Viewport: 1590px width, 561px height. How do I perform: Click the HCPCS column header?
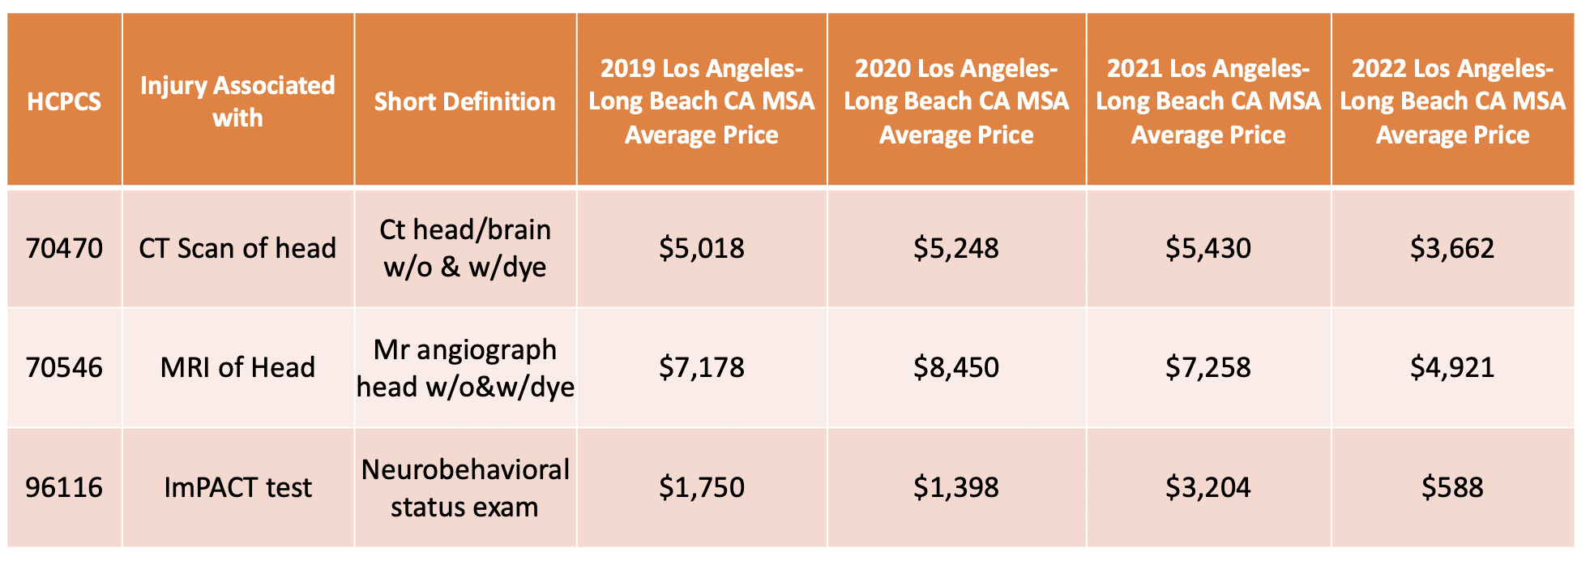point(64,101)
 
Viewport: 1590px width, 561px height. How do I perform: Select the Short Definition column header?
point(464,101)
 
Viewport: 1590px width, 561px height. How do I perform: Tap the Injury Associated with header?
point(237,101)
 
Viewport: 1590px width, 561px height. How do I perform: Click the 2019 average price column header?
point(701,101)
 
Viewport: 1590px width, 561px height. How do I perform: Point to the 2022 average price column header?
point(1452,101)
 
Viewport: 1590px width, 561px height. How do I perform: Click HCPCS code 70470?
point(64,248)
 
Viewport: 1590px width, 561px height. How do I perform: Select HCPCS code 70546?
point(64,367)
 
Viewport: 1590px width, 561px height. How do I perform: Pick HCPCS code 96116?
point(64,487)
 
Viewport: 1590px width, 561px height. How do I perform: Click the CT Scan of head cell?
point(237,248)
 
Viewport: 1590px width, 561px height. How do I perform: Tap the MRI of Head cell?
point(237,367)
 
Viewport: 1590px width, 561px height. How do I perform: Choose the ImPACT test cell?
point(237,487)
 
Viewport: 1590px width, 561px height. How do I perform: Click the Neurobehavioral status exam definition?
point(464,488)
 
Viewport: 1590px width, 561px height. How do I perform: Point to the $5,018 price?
point(701,248)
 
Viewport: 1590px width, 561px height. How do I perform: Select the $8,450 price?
point(955,367)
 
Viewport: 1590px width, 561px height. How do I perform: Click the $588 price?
point(1452,487)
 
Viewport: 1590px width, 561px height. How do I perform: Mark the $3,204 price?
point(1207,487)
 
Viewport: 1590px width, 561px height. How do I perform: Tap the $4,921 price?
point(1452,367)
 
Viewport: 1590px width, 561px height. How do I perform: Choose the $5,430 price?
point(1207,248)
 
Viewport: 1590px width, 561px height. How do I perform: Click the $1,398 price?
point(955,487)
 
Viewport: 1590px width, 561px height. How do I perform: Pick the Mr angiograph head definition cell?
point(464,368)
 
